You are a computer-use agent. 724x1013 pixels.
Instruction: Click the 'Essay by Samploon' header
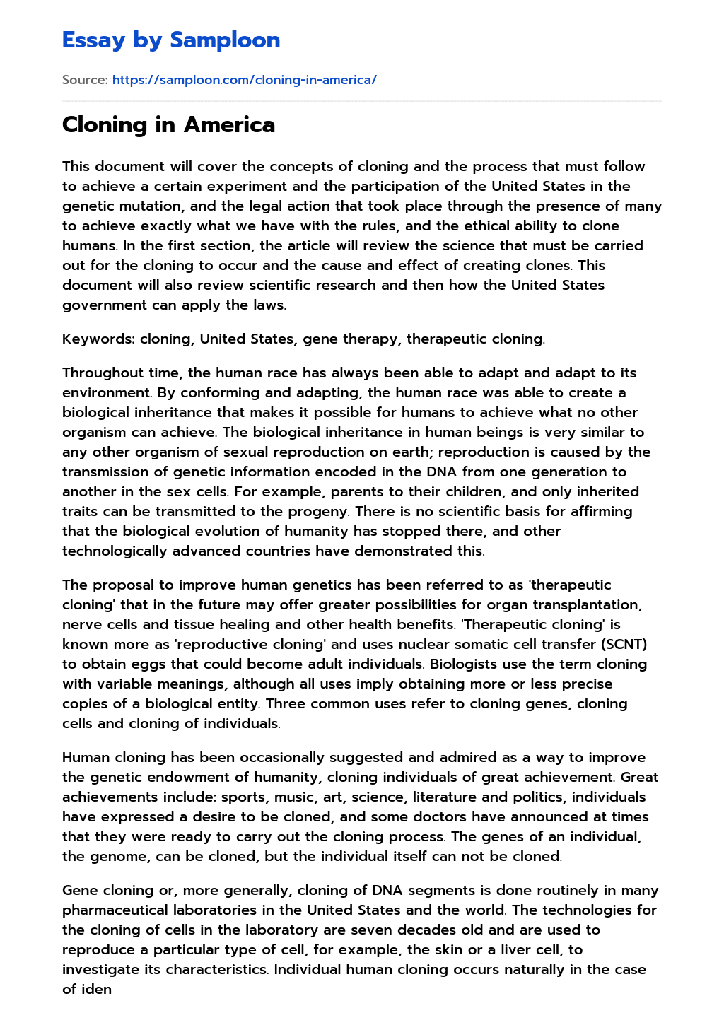pos(171,40)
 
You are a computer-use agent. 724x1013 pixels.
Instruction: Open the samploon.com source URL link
pos(244,80)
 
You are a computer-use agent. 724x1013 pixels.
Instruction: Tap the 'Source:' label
pos(85,80)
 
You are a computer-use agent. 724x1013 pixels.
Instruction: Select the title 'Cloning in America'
pos(168,125)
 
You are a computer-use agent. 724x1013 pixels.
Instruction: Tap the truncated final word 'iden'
pos(96,989)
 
